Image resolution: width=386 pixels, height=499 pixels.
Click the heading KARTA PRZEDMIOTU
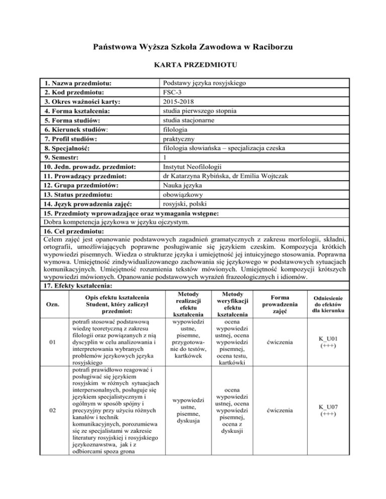pyautogui.click(x=193, y=65)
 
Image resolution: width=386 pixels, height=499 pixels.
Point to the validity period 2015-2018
pyautogui.click(x=173, y=101)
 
